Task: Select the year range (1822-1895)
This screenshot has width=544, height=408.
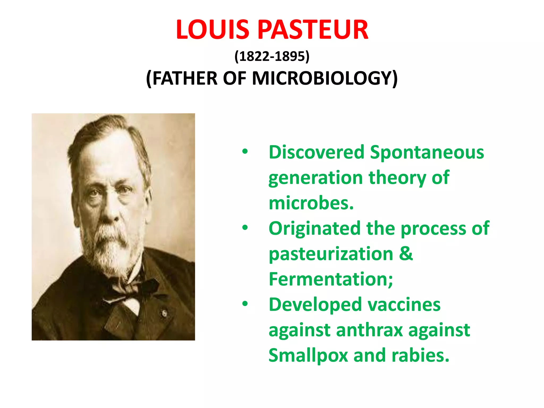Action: (x=272, y=56)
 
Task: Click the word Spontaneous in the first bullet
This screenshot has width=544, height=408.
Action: (x=427, y=152)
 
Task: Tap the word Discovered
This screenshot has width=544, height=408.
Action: (x=316, y=152)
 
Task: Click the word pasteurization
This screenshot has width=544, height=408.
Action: (x=331, y=254)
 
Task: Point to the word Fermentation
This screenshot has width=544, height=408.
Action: (x=330, y=279)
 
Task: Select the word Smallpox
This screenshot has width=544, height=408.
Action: (x=308, y=355)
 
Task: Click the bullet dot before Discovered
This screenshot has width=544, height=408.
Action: (x=245, y=152)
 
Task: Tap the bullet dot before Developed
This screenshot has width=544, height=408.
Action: (x=245, y=304)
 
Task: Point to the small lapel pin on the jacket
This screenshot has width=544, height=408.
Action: (x=164, y=313)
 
